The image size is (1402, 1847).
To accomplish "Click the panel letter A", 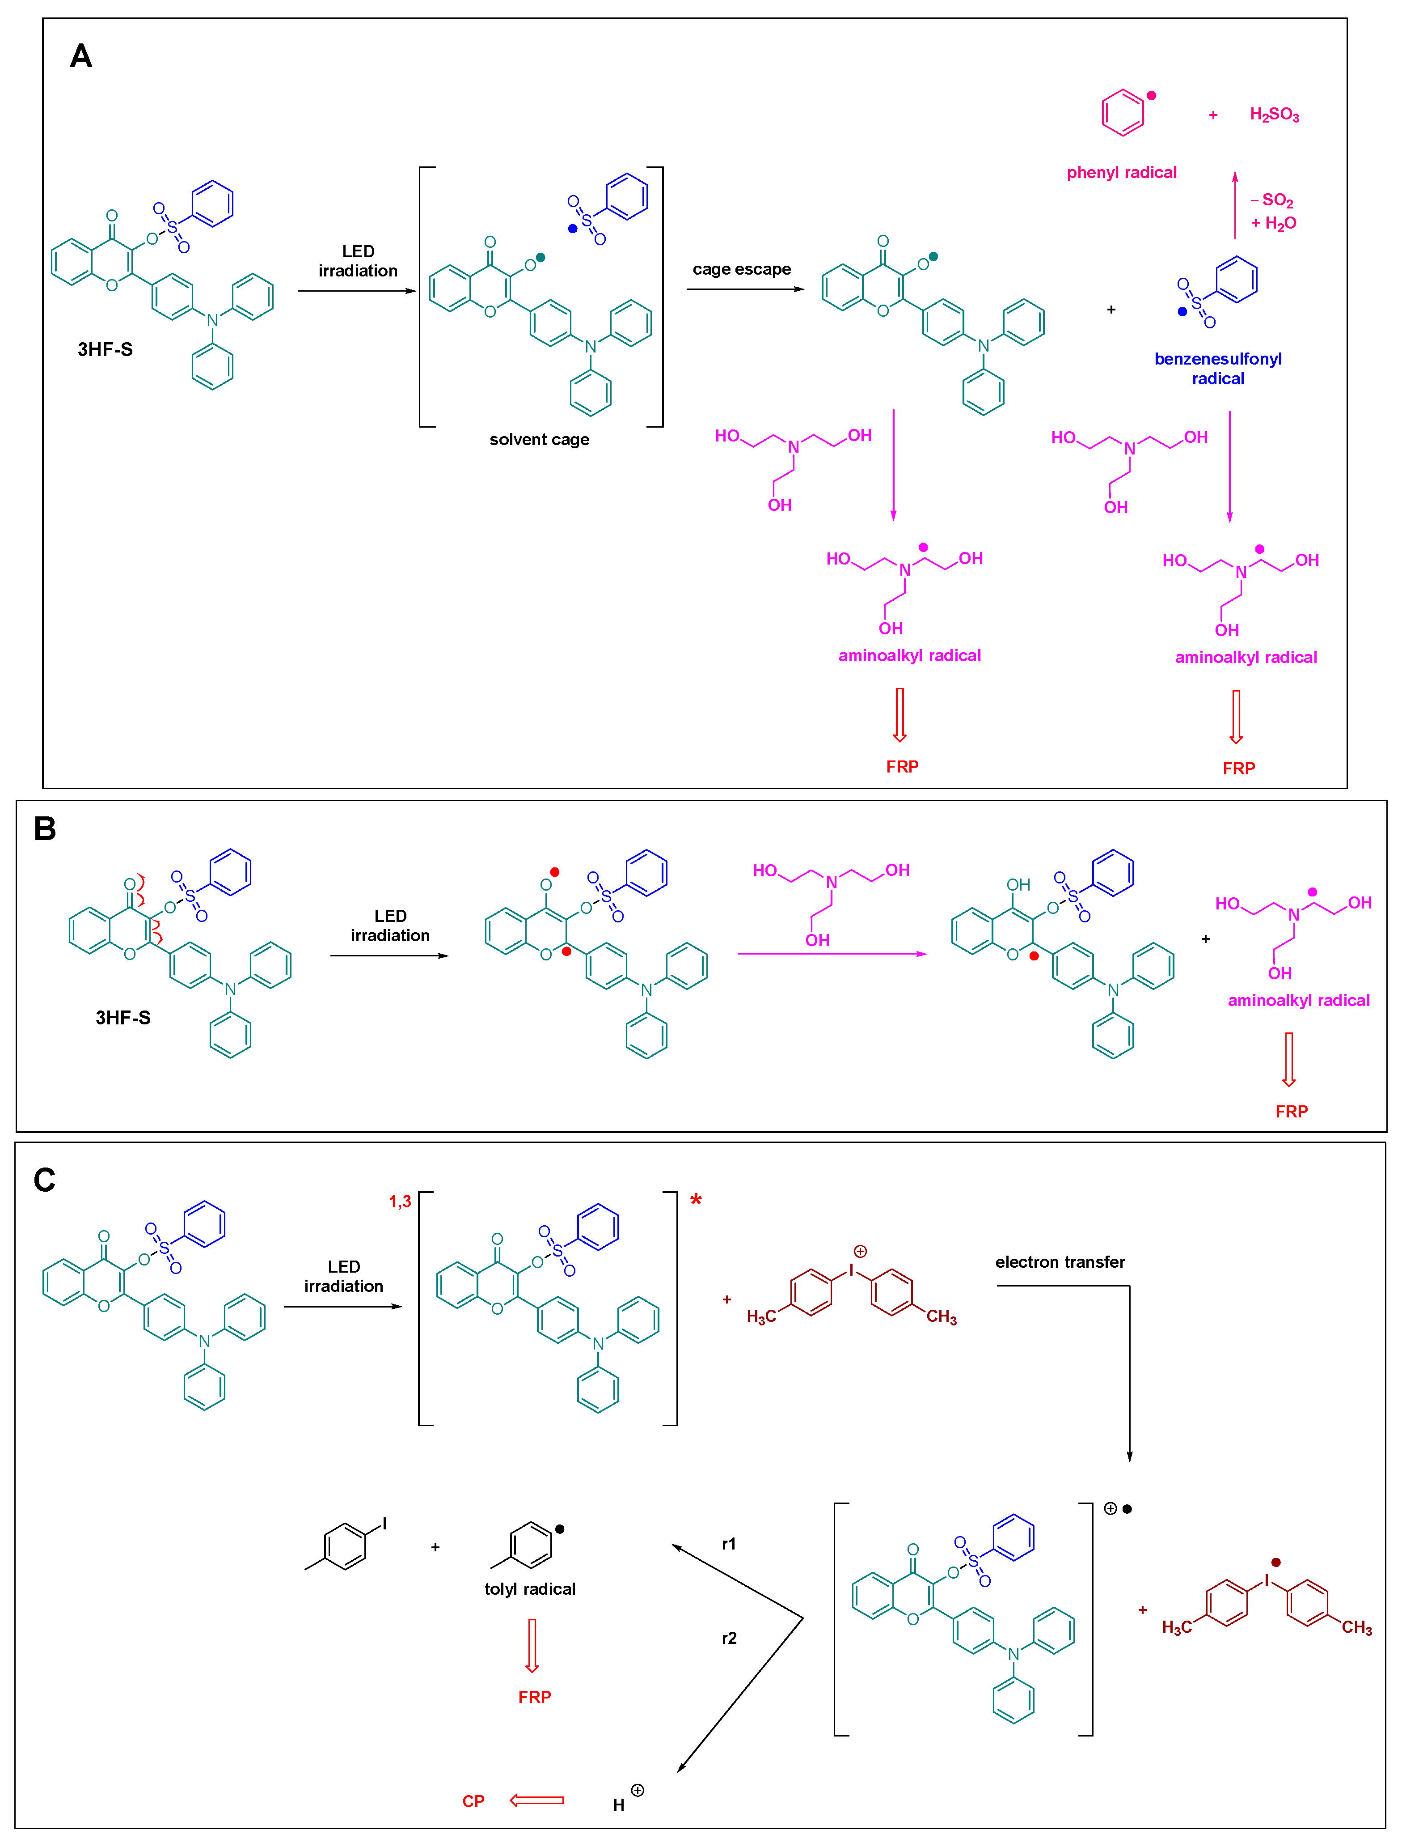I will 81,56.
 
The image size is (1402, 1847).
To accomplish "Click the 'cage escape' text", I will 741,269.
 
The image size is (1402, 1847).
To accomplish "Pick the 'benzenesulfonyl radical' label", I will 1217,368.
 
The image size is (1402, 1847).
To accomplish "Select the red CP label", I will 473,1801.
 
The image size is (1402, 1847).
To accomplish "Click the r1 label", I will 729,1544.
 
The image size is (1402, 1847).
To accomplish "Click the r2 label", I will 729,1638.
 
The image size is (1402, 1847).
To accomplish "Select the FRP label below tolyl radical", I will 534,1697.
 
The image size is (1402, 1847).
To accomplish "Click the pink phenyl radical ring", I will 1123,114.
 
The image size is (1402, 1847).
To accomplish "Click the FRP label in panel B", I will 1291,1111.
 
